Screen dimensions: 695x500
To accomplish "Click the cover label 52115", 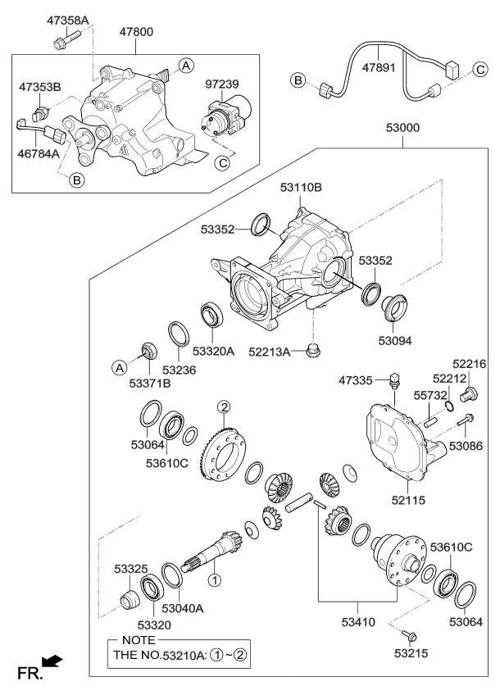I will (409, 497).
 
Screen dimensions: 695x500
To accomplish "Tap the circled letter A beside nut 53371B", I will (120, 369).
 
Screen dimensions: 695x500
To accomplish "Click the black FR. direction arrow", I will (52, 661).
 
